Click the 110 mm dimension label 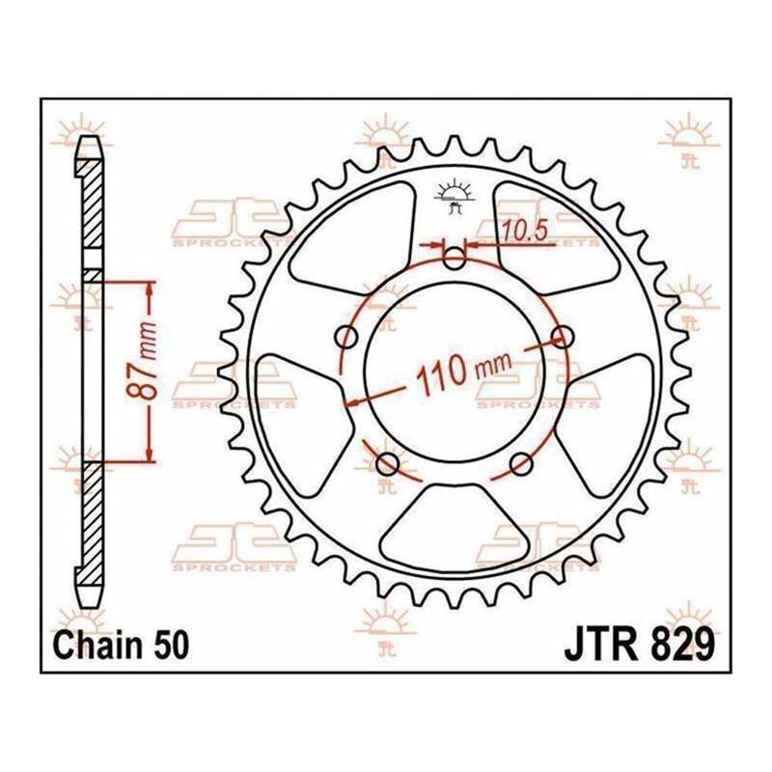pyautogui.click(x=463, y=372)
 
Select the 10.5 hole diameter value pyautogui.click(x=524, y=231)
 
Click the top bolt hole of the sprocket pyautogui.click(x=455, y=257)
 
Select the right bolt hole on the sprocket pyautogui.click(x=563, y=337)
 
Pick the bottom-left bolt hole pyautogui.click(x=388, y=464)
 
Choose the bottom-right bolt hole pyautogui.click(x=521, y=464)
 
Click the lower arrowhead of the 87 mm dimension pyautogui.click(x=150, y=454)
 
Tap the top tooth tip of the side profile pyautogui.click(x=89, y=138)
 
